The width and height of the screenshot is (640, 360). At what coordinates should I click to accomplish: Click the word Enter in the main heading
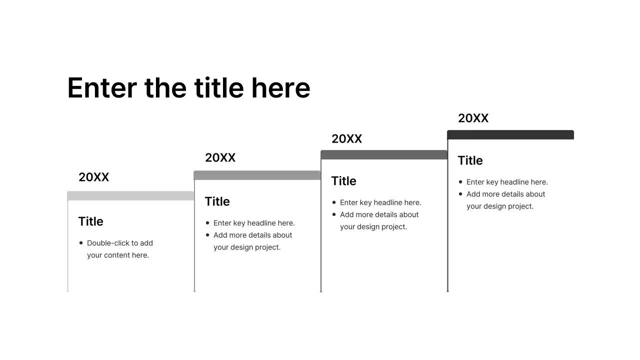(x=102, y=88)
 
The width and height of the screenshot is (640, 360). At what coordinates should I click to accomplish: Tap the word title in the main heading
(x=219, y=88)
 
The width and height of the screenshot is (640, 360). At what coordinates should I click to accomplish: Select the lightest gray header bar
(x=130, y=195)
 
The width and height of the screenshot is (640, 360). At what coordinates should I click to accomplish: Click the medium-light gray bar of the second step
(x=257, y=175)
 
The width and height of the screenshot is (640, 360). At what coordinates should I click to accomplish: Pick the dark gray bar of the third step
(x=384, y=154)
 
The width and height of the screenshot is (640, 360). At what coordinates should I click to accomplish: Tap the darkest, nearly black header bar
(x=510, y=134)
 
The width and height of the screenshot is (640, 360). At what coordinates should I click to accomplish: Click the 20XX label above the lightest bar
(x=93, y=177)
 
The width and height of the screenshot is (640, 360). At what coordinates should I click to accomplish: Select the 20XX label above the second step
(x=220, y=158)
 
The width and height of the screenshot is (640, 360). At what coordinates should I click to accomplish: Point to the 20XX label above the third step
(x=346, y=139)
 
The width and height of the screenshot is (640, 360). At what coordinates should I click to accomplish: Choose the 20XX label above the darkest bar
(x=473, y=118)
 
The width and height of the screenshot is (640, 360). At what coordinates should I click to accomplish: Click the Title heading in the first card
(x=90, y=221)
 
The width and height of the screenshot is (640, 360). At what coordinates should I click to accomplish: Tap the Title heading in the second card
(x=217, y=201)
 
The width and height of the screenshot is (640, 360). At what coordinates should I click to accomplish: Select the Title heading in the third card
(x=343, y=181)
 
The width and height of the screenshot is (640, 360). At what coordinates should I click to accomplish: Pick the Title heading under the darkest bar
(x=470, y=160)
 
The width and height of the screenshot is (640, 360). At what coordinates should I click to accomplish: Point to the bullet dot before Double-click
(x=81, y=243)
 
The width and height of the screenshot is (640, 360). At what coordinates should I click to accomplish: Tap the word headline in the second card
(x=262, y=223)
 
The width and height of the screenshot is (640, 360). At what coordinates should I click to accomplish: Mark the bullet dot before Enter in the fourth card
(x=460, y=182)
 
